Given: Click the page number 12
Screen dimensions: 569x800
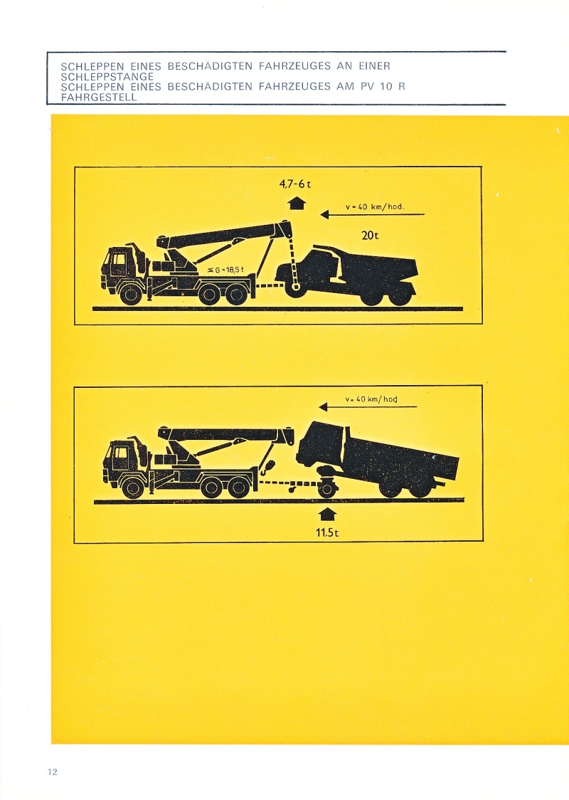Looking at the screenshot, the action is click(x=53, y=772).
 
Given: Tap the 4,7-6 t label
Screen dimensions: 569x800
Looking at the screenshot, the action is click(x=295, y=184).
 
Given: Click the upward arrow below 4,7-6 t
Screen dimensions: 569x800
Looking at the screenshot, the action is click(x=297, y=203).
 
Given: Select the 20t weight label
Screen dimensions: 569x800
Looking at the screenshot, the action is click(x=370, y=235).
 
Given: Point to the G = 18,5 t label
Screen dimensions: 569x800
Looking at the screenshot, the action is click(x=226, y=269).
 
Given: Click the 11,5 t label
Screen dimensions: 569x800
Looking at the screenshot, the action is click(x=326, y=532).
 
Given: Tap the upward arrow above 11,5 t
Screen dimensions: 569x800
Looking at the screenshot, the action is click(x=327, y=515).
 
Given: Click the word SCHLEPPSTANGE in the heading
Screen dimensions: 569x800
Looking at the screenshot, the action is click(x=107, y=77).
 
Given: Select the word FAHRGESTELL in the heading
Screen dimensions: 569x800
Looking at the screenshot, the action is click(x=99, y=97).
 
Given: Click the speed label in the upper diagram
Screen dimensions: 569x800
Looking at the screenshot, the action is click(x=375, y=206).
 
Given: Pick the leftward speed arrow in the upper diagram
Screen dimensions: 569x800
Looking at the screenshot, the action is click(x=372, y=215).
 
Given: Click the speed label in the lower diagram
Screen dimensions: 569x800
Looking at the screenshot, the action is click(x=371, y=399).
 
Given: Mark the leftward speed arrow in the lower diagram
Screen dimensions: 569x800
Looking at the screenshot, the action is click(x=368, y=406).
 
